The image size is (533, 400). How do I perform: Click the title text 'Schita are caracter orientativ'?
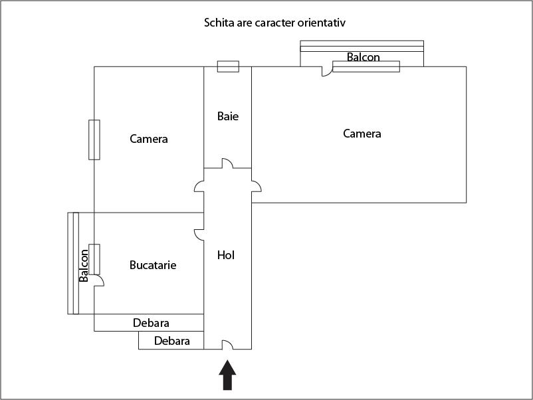pos(274,23)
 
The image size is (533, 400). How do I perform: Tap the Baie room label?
pos(227,116)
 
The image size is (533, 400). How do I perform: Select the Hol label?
pos(227,254)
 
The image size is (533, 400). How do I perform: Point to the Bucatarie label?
pos(153,265)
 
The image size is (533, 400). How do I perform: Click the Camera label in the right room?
pos(362,134)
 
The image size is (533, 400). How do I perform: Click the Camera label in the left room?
pos(149,139)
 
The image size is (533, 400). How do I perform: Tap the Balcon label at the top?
pos(363,57)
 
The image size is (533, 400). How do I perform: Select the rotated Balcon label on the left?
pos(84,266)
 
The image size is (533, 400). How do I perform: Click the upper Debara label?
pos(151,323)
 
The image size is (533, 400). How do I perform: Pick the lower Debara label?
pos(172,341)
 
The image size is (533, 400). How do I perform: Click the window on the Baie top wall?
pos(228,66)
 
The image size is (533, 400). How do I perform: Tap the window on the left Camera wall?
pos(94,140)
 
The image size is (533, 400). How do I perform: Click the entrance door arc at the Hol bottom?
pos(227,344)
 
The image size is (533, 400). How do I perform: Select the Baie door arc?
pos(227,163)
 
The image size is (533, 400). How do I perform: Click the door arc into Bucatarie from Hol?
pos(198,235)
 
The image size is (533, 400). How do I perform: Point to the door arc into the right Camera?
pos(257,187)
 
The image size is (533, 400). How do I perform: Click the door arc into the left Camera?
pos(199,187)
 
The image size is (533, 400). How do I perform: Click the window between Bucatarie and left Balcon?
pos(94,259)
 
